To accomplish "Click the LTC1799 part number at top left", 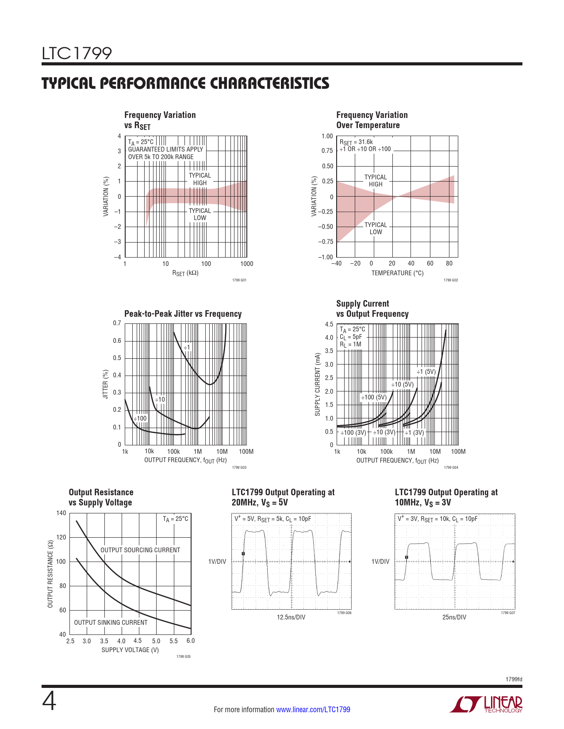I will click(x=77, y=53).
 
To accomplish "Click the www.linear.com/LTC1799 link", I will click(x=313, y=710).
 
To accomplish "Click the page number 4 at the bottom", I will click(x=49, y=702).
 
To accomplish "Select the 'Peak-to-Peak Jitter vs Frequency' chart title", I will click(x=183, y=314).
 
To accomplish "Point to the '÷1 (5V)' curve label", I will click(x=426, y=372).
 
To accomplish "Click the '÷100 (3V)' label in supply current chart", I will click(x=353, y=433).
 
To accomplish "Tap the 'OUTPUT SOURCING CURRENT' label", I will click(x=140, y=550).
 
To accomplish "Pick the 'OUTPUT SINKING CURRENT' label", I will click(x=111, y=623).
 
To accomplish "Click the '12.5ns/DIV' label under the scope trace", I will click(x=291, y=617).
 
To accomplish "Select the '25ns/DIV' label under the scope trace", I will click(x=454, y=617).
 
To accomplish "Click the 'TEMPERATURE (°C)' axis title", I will click(x=397, y=273).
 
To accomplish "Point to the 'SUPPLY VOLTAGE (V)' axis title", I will click(x=130, y=650).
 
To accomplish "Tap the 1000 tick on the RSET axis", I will click(x=246, y=264).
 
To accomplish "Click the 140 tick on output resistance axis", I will click(x=61, y=513).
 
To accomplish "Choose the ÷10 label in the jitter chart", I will click(x=160, y=399).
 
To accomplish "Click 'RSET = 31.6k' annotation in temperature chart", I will click(x=356, y=142).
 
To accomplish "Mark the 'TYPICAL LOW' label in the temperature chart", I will click(x=376, y=228).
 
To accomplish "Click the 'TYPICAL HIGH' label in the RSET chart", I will click(x=200, y=179).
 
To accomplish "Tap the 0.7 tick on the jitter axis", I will click(x=117, y=323).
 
